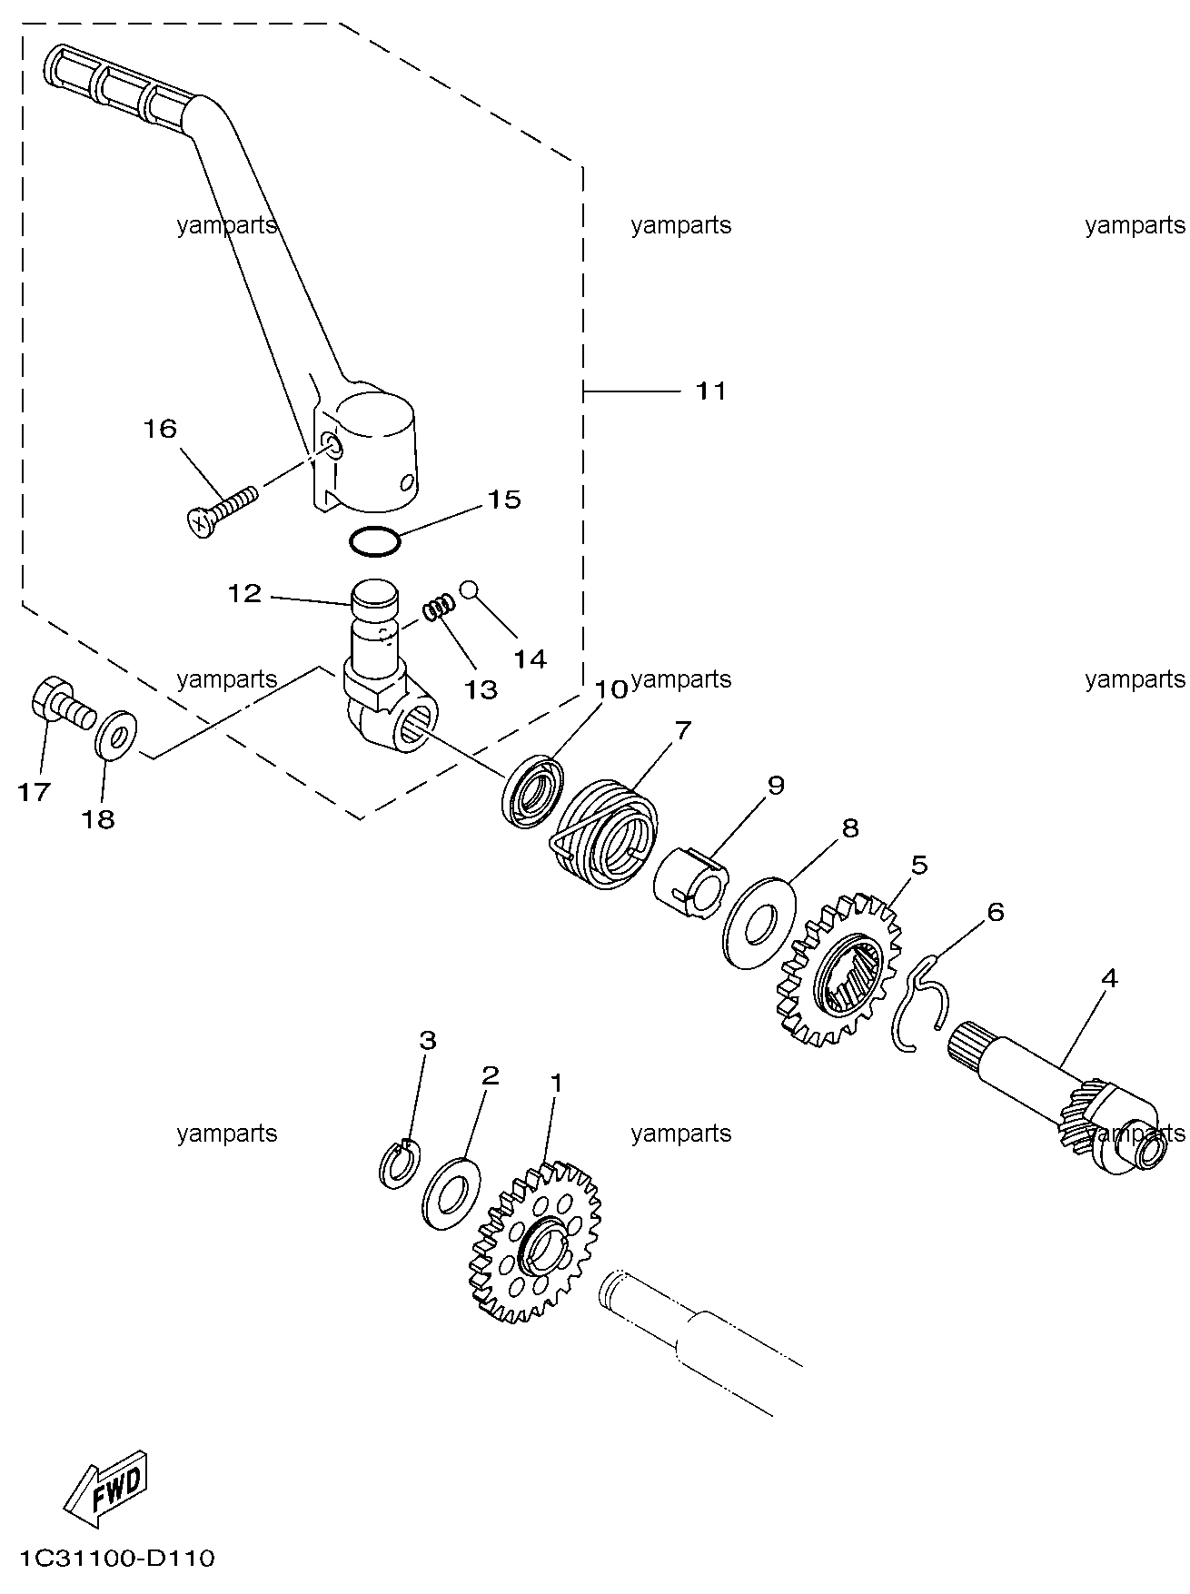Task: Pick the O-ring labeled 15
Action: click(374, 540)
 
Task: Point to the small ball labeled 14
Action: click(469, 589)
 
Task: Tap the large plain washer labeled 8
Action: click(759, 922)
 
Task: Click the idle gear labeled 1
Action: click(535, 1241)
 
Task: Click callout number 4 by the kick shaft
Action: click(1108, 978)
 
